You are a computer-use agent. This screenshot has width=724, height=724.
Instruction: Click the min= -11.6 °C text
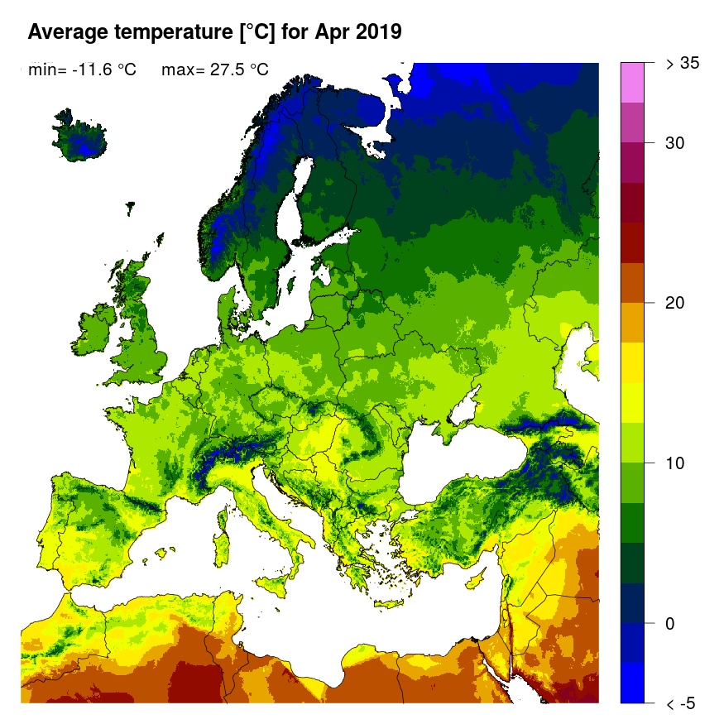82,70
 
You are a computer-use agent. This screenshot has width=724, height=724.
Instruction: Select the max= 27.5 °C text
214,70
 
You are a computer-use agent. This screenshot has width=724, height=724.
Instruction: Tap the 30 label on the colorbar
675,143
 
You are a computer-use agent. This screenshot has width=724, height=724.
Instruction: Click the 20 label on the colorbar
675,303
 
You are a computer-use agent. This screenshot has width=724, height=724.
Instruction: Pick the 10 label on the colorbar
675,463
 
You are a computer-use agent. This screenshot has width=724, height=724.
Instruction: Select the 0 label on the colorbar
671,623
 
